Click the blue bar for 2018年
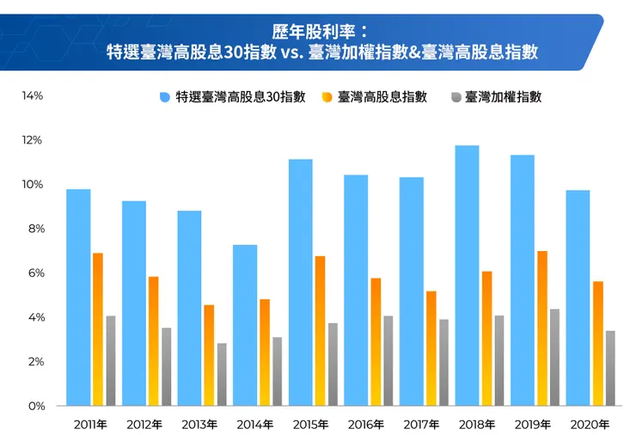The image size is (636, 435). (467, 275)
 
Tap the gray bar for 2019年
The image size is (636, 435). (554, 357)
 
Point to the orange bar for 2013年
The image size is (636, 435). (209, 354)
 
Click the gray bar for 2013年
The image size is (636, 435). (222, 374)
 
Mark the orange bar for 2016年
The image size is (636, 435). (376, 341)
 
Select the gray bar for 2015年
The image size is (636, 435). (333, 364)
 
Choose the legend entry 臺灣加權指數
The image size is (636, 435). (503, 97)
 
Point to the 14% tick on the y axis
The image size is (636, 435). (32, 95)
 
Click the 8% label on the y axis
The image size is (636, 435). (32, 229)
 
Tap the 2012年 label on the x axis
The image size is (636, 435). (144, 425)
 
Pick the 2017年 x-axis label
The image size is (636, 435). (421, 425)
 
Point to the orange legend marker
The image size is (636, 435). (327, 97)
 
